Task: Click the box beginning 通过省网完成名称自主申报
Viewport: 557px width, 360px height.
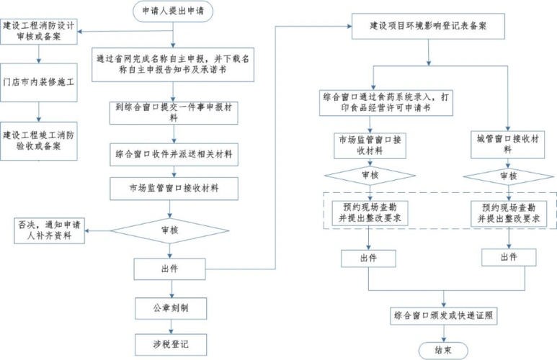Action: (171, 65)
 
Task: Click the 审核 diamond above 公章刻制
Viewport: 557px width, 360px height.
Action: (171, 230)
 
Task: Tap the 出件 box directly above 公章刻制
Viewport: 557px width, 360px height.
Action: (171, 269)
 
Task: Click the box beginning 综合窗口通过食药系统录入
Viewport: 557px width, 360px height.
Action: (388, 101)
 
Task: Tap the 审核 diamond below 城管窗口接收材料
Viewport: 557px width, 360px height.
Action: (508, 176)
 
